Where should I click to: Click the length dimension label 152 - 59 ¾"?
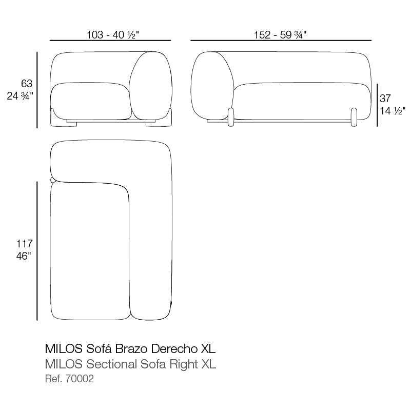281,34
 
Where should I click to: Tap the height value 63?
27,84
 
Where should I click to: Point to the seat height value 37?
385,99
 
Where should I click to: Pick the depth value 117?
25,244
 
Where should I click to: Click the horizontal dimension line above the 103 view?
110,40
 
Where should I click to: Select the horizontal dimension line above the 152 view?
281,40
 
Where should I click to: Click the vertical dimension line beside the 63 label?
37,90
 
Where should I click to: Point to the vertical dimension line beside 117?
37,250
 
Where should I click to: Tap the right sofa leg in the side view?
354,116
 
